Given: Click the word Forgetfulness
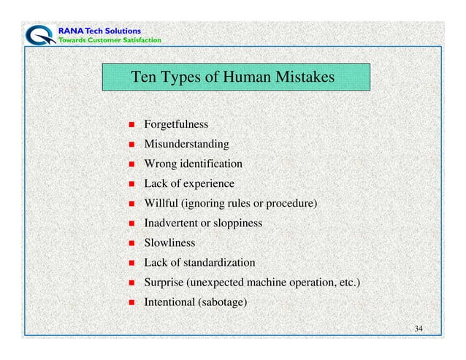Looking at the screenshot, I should [x=176, y=124].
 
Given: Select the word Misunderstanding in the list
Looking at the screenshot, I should [x=186, y=144].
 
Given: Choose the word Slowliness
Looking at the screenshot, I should [x=169, y=242].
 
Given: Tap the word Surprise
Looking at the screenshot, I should [x=164, y=282].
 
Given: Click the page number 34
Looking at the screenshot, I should [x=419, y=329].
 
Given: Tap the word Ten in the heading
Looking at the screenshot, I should [x=142, y=77].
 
